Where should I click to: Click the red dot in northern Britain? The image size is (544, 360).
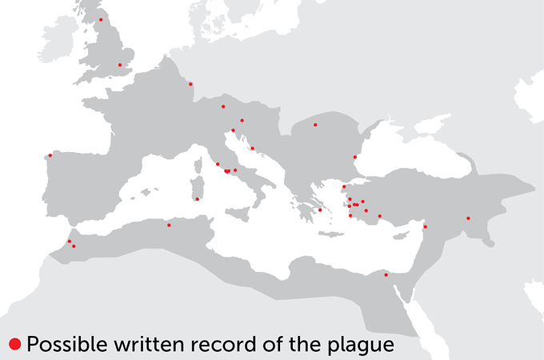(x=101, y=19)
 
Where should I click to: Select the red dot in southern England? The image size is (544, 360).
(x=120, y=65)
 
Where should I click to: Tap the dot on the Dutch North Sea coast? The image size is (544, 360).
(x=190, y=84)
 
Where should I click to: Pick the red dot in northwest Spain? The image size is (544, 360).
(x=50, y=155)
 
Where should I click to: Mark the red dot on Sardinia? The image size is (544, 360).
(x=197, y=199)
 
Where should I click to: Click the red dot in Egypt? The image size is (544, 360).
(x=386, y=275)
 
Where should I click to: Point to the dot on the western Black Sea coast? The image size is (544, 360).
(x=354, y=157)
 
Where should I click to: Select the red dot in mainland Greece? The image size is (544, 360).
(x=320, y=210)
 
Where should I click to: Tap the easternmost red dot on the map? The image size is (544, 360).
(x=468, y=218)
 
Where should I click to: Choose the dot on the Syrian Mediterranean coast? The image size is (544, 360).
(x=425, y=227)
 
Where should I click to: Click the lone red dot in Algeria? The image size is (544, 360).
(x=169, y=225)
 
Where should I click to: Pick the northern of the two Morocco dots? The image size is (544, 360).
(x=70, y=241)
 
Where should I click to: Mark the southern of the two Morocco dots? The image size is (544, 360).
(x=74, y=246)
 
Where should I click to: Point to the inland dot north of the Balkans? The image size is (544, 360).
(x=315, y=125)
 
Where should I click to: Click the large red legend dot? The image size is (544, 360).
(x=14, y=344)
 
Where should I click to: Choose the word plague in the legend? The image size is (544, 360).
(x=364, y=345)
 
